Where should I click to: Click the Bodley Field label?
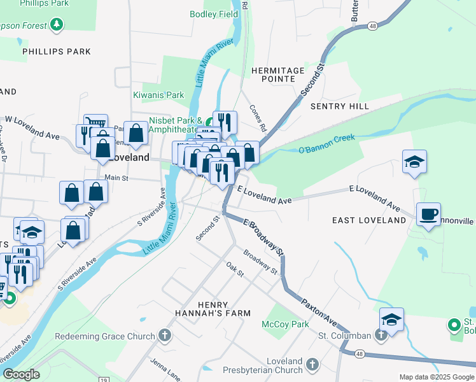[x=214, y=14]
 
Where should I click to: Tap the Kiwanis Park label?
[x=158, y=95]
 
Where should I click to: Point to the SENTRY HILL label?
[x=339, y=106]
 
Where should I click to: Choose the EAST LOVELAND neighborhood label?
[x=369, y=220]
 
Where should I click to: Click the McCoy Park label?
[x=286, y=324]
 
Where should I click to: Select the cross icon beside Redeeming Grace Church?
[x=165, y=336]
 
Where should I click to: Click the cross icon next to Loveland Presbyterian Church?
[x=312, y=365]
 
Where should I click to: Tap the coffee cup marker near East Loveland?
[x=429, y=214]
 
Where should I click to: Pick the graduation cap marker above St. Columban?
[x=391, y=319]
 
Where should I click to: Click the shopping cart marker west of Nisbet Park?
[x=95, y=125]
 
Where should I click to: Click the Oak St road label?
[x=235, y=269]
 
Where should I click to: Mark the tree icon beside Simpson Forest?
[x=58, y=25]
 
